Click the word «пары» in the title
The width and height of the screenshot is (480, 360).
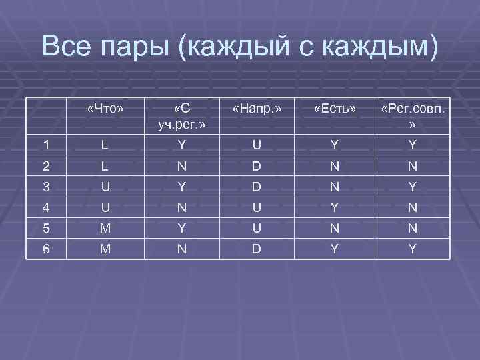coord(143,47)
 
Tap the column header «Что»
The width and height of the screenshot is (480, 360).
coord(106,107)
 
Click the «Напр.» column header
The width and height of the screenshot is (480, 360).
coord(257,107)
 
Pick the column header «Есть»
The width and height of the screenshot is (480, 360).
coord(335,107)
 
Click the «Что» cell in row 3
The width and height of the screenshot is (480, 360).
coord(106,187)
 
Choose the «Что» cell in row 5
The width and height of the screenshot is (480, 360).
coord(106,229)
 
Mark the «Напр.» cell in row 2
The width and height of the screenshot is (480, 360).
coord(257,166)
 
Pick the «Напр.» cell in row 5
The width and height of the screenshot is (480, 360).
coord(257,229)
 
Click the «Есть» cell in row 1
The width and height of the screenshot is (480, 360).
coord(335,145)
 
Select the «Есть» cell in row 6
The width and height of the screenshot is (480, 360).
coord(335,249)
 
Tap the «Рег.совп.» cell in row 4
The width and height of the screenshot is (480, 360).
coord(413,207)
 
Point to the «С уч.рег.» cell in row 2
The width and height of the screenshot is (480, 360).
coord(179,166)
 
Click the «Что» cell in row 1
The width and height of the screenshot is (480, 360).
coord(106,145)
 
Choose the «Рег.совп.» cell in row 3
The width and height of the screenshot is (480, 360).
coord(413,187)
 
